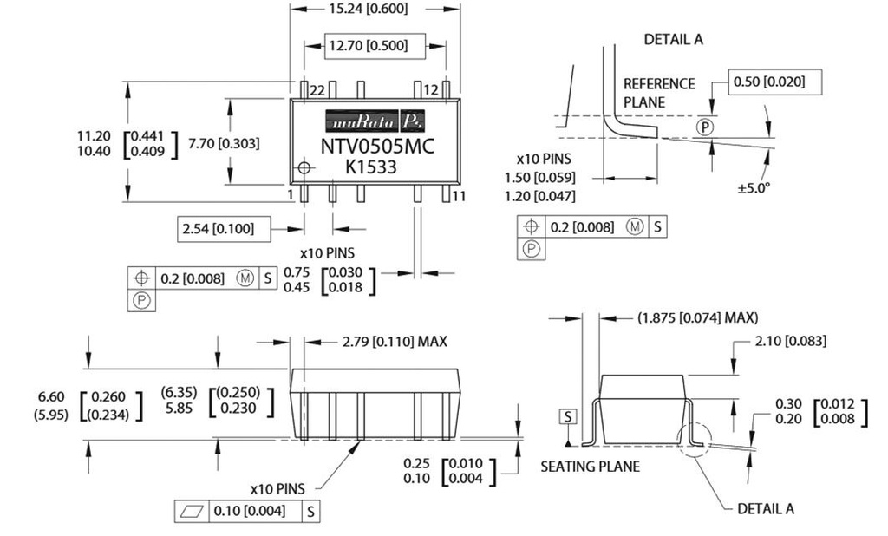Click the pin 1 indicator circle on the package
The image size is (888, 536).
pos(304,167)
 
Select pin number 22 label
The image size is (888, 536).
pos(317,90)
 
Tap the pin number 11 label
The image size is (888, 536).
pos(460,195)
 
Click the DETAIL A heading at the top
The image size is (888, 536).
pos(674,40)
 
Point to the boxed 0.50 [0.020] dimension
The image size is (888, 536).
pos(768,82)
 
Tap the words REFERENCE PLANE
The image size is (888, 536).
pos(659,93)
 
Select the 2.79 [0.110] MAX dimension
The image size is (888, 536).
pos(386,342)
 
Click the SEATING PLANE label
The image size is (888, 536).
pos(590,467)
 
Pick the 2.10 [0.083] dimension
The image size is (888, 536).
pos(790,342)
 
